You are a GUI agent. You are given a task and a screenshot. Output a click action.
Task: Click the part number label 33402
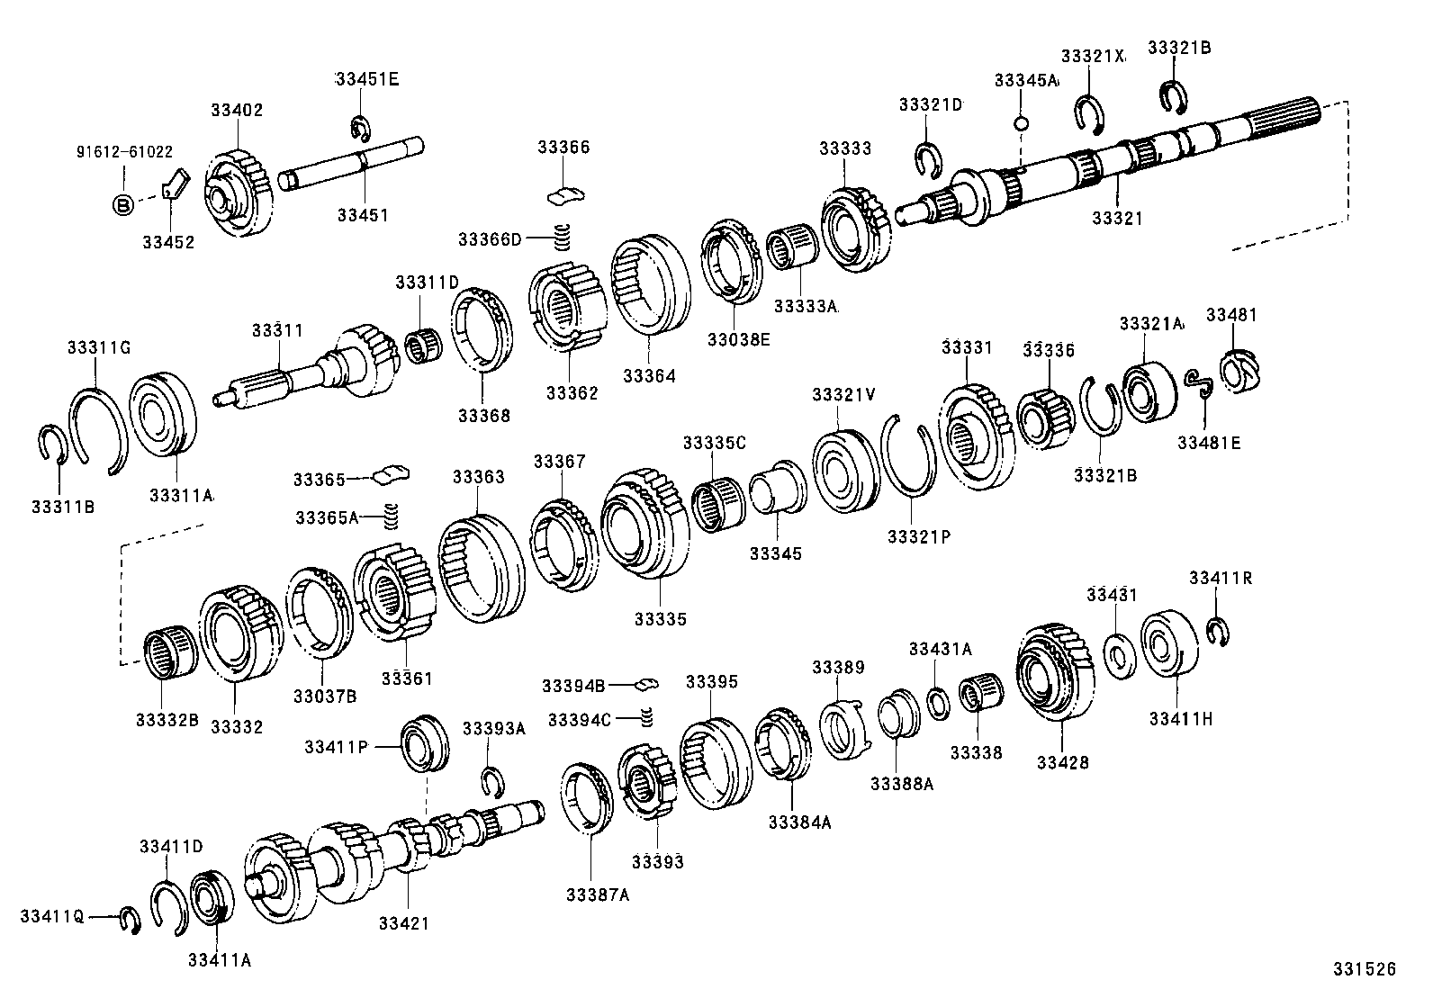pos(237,111)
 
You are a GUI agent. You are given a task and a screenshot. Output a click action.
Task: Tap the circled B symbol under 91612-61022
pos(123,205)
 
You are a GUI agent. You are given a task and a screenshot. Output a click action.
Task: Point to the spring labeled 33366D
pos(563,237)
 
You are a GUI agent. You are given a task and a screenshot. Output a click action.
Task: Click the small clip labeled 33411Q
pos(129,920)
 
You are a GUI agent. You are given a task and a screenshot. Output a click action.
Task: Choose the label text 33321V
pos(843,394)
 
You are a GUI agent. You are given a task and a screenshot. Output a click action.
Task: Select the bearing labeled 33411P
pos(423,742)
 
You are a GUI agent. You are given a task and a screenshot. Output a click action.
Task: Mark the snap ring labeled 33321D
pos(928,159)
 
